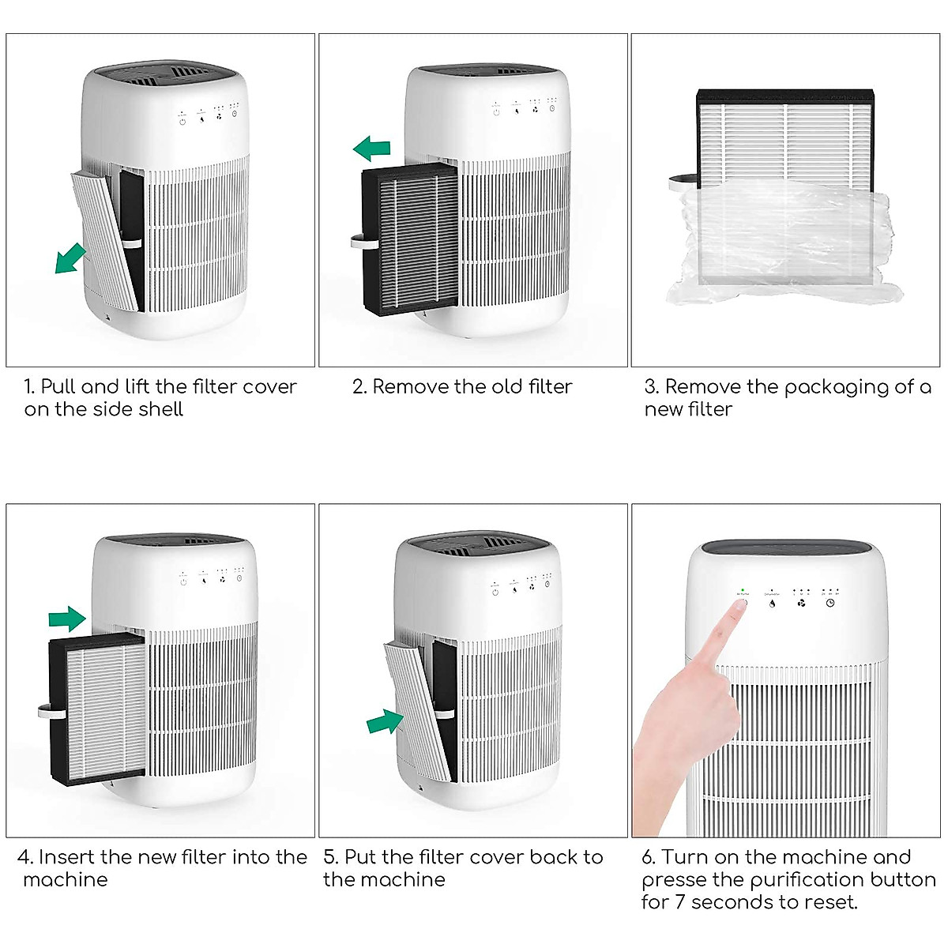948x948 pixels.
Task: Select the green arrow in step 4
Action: click(67, 618)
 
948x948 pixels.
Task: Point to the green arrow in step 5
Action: click(386, 720)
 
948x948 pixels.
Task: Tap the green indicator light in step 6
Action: click(743, 590)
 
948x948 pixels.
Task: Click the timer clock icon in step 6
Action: click(830, 603)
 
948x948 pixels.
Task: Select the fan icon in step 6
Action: click(801, 603)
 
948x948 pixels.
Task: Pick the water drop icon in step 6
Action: click(772, 603)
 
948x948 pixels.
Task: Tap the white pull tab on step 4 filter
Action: click(44, 712)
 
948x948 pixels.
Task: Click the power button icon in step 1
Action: click(182, 120)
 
